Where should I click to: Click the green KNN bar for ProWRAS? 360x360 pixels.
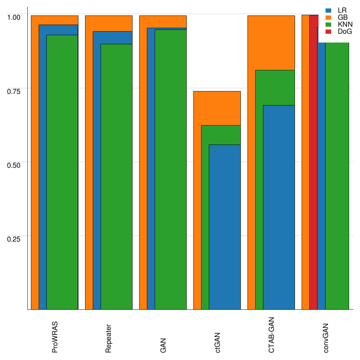62,172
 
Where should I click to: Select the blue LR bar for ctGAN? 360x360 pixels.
225,227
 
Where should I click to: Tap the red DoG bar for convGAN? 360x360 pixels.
313,162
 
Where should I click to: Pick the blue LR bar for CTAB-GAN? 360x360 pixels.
279,207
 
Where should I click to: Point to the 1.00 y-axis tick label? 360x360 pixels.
14,17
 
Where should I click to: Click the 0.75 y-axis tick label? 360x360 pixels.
14,91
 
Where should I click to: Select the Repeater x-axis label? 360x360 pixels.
109,338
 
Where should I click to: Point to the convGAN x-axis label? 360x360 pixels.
326,337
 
